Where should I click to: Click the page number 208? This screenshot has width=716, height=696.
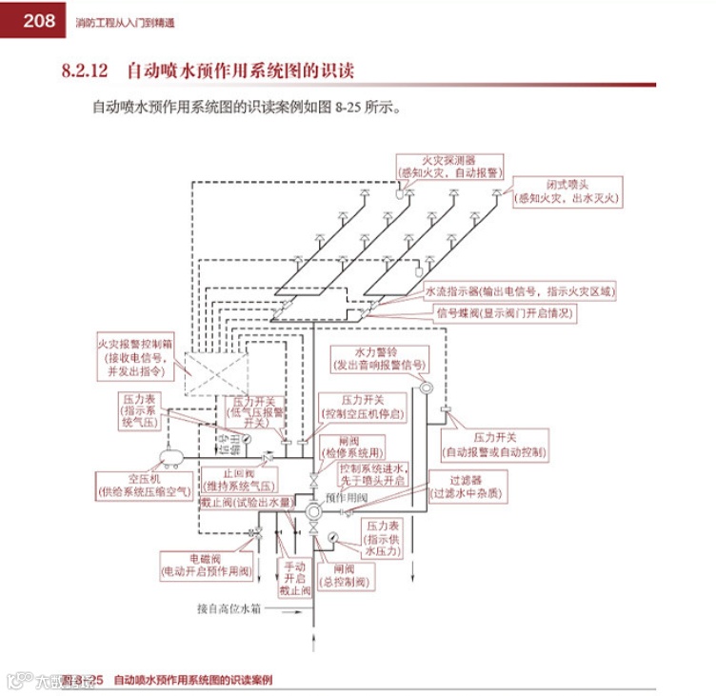tap(32, 20)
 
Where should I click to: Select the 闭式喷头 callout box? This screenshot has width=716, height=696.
tap(568, 191)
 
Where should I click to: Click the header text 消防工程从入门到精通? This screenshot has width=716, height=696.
tap(125, 20)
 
